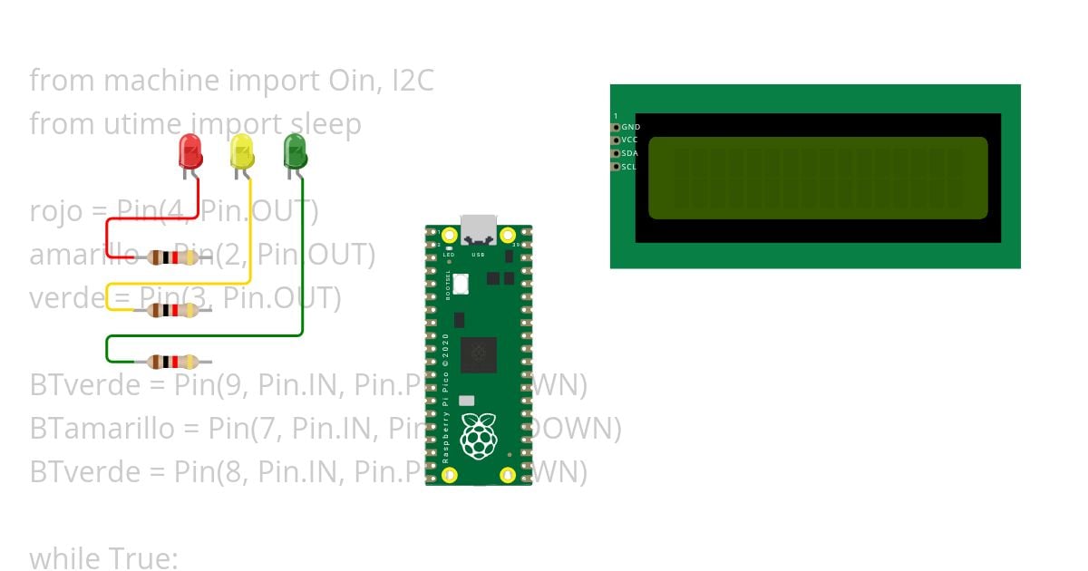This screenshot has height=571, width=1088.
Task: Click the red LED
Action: [x=190, y=151]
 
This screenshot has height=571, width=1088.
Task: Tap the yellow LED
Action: [x=242, y=151]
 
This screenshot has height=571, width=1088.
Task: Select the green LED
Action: [x=295, y=151]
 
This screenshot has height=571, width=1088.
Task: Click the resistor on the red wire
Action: [x=172, y=257]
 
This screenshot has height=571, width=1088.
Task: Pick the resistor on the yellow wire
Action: [x=172, y=311]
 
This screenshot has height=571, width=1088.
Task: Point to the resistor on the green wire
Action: [x=172, y=362]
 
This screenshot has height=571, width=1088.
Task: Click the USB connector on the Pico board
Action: [x=479, y=230]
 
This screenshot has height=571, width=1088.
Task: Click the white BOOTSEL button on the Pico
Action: [x=461, y=284]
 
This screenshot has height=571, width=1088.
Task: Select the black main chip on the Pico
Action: [x=479, y=354]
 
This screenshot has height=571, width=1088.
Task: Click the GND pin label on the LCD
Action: [x=631, y=128]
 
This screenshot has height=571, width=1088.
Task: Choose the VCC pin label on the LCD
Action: [x=630, y=140]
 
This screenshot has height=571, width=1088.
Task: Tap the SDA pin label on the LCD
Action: [x=630, y=153]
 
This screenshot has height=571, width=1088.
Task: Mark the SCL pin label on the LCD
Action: [x=629, y=167]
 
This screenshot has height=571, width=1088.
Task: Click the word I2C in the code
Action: [x=413, y=81]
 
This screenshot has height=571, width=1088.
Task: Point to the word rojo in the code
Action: [x=55, y=211]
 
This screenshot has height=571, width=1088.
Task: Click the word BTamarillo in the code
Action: [x=102, y=428]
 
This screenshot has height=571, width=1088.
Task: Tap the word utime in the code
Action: [x=145, y=124]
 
